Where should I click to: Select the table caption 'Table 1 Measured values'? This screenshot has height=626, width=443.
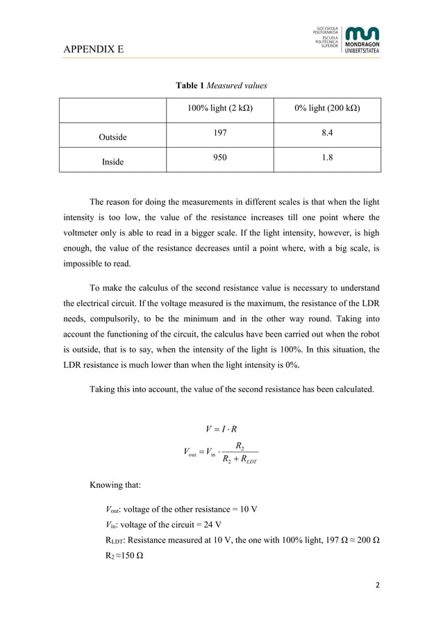[x=221, y=85]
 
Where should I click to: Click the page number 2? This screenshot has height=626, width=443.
[x=378, y=585]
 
